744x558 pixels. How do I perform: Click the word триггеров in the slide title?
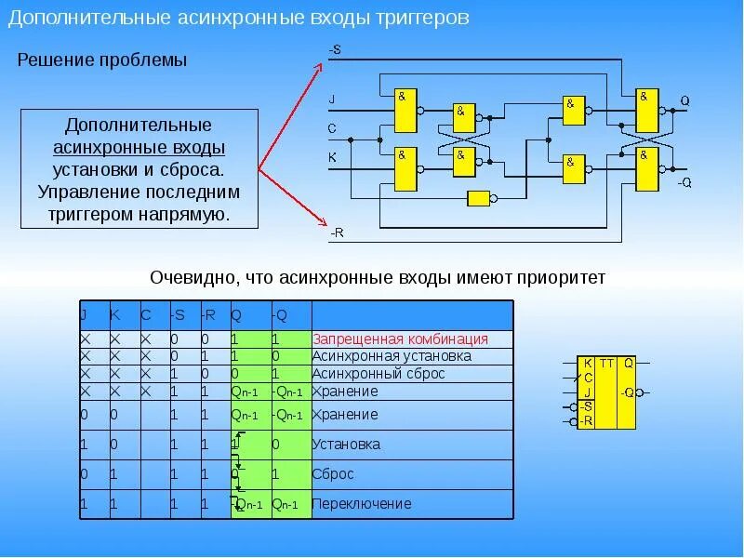(422, 19)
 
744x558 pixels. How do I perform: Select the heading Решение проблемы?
(103, 60)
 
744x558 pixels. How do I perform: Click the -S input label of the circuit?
(335, 49)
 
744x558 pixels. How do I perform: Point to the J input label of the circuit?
(332, 98)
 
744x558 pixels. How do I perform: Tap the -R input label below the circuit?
(337, 232)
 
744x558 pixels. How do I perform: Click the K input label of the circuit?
(332, 158)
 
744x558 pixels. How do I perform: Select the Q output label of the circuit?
(684, 100)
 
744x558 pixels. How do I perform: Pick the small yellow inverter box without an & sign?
(479, 197)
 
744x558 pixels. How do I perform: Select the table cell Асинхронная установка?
(392, 356)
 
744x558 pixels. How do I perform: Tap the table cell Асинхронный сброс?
(379, 374)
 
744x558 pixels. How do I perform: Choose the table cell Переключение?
(362, 504)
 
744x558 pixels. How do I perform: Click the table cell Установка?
(346, 445)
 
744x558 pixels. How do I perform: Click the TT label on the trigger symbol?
(606, 363)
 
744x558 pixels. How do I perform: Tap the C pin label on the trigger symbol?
(588, 378)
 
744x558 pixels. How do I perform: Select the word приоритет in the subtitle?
(563, 277)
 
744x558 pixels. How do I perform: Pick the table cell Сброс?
(333, 474)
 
